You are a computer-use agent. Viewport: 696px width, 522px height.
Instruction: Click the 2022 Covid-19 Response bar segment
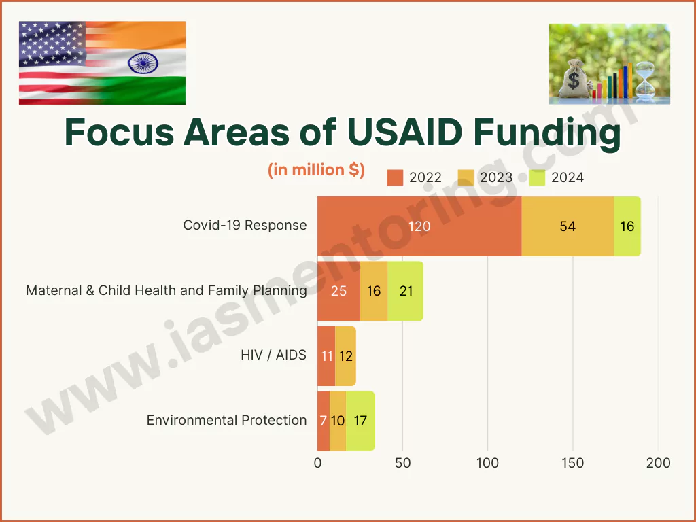click(x=419, y=226)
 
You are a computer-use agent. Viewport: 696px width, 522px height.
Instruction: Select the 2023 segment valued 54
click(x=568, y=226)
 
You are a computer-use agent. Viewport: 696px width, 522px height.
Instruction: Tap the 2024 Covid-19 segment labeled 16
click(x=627, y=226)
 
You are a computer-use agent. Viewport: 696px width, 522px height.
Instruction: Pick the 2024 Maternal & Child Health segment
click(x=406, y=291)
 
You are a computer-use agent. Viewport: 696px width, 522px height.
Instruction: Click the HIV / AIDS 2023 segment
click(x=345, y=355)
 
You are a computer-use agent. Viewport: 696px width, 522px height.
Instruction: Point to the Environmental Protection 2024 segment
click(x=360, y=421)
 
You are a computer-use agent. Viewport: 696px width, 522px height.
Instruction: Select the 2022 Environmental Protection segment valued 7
click(x=324, y=421)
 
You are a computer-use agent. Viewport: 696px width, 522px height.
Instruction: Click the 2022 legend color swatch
click(x=395, y=178)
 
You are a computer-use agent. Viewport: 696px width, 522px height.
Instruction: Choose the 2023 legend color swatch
click(x=466, y=178)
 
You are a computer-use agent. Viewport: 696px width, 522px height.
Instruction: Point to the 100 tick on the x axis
click(x=488, y=464)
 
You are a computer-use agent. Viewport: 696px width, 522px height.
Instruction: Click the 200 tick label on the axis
click(x=658, y=464)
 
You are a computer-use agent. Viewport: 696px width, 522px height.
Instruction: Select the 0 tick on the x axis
click(x=317, y=464)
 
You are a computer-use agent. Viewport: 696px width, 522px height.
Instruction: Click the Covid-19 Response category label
click(x=245, y=225)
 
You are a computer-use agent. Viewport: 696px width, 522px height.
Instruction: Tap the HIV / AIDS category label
click(x=273, y=355)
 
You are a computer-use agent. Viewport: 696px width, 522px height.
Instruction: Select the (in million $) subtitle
click(x=316, y=170)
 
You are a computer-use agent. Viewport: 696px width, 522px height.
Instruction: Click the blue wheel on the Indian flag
click(x=143, y=65)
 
